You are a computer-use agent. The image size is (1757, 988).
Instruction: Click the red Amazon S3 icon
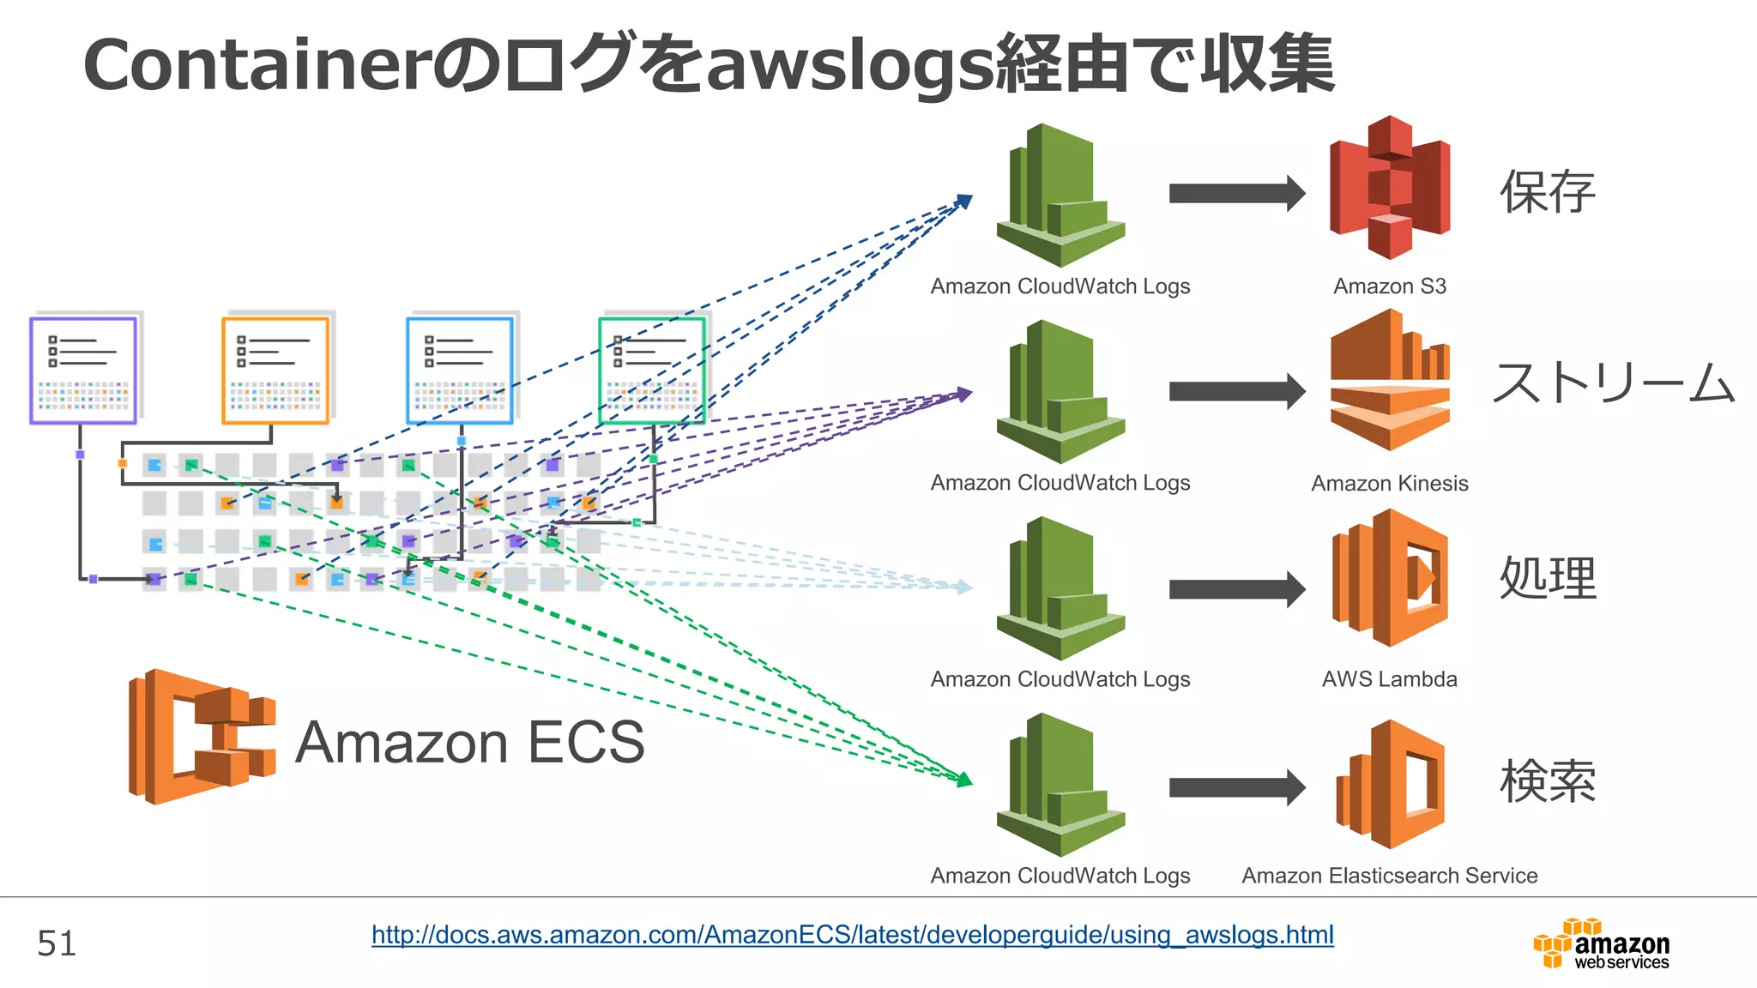coord(1389,188)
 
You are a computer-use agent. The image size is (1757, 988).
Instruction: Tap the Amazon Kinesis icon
coord(1389,381)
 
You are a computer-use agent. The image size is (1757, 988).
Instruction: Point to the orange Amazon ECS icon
coord(202,737)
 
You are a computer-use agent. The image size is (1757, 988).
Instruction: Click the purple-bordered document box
coord(83,370)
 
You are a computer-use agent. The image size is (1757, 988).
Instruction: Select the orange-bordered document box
coord(275,370)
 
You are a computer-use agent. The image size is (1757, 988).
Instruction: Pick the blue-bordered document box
coord(460,370)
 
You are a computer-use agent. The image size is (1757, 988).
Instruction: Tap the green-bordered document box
coord(652,370)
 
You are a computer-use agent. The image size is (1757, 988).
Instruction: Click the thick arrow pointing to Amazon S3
coord(1236,193)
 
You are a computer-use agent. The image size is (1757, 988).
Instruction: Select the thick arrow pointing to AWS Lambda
coord(1236,589)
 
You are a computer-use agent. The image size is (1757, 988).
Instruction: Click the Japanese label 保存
coord(1547,191)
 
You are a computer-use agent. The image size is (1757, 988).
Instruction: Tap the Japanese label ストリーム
coord(1613,383)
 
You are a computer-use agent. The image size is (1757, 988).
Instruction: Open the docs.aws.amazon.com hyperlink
coord(852,934)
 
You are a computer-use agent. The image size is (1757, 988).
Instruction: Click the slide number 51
coord(57,943)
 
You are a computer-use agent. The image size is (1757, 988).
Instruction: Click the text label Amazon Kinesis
coord(1389,484)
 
